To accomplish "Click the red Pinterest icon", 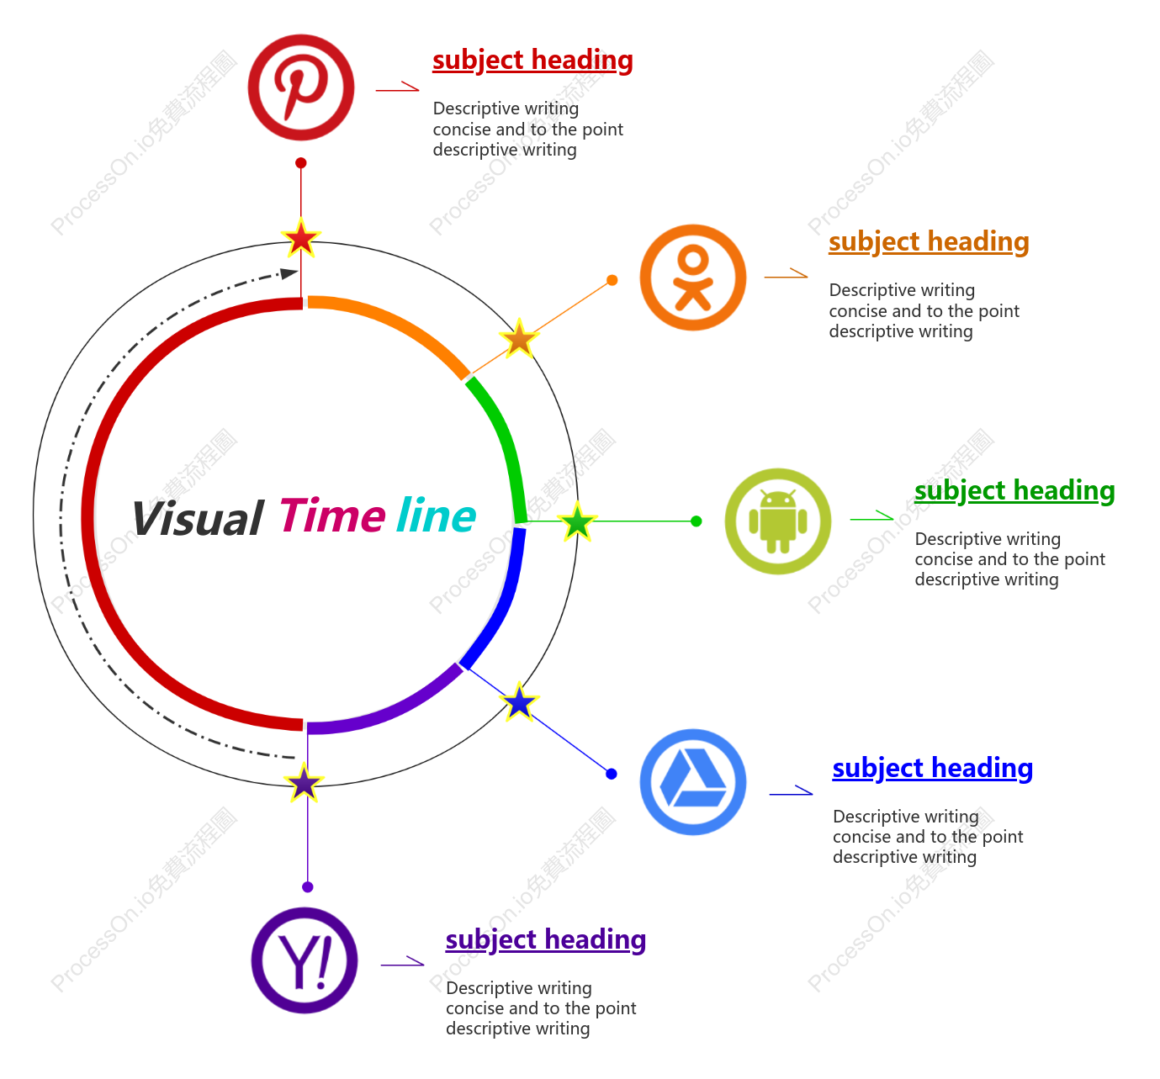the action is tap(301, 87).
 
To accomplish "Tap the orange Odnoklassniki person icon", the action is tap(693, 278).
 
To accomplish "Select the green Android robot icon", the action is tap(777, 521).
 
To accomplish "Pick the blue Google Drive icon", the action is tap(693, 781).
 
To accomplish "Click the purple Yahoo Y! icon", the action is tap(305, 960).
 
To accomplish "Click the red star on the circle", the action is tap(301, 238).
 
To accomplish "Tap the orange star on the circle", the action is tap(519, 339).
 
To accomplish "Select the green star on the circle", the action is tap(577, 521).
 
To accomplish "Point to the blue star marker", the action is tap(519, 701).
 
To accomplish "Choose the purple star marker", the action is tap(304, 783).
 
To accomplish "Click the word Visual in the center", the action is tap(198, 519).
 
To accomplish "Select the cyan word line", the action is tap(437, 516).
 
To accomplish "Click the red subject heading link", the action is tap(532, 61).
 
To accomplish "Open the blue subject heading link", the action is tap(933, 768).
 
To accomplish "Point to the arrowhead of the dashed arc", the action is tap(289, 273).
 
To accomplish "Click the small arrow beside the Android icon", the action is tap(871, 516).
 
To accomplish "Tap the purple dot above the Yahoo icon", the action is tap(308, 886).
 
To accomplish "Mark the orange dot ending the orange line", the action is tap(612, 280).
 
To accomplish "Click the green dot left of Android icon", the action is tap(697, 521).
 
